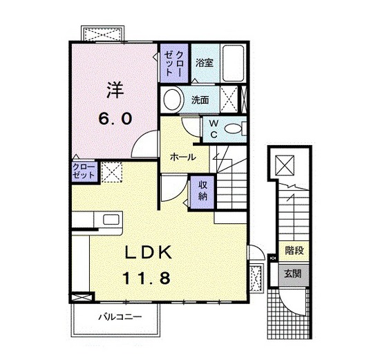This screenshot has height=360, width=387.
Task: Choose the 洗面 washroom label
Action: [200, 100]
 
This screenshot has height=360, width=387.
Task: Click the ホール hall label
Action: [182, 157]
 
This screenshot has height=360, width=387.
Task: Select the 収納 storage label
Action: [202, 190]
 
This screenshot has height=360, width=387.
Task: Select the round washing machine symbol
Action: [173, 100]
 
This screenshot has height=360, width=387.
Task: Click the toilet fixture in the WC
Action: [234, 129]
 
